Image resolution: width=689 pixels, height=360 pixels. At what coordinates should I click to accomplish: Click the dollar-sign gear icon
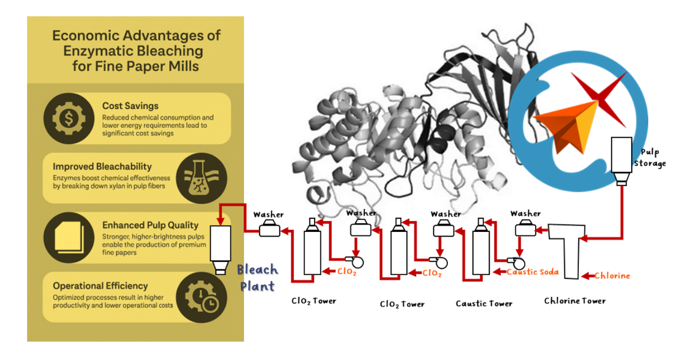point(68,118)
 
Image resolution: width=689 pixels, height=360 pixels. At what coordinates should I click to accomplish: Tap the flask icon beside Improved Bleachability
point(202,178)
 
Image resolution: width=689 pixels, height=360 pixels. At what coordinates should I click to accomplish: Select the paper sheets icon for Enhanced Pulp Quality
point(68,238)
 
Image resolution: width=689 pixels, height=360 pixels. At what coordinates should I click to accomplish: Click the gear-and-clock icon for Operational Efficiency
point(202,297)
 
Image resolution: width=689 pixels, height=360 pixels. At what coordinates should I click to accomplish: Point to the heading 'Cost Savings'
point(130,106)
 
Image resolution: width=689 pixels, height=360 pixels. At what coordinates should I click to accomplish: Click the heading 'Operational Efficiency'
point(100,286)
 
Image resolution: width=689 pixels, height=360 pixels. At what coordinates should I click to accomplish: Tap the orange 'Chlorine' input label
point(612,276)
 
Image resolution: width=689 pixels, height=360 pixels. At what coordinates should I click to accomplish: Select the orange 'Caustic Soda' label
point(532,272)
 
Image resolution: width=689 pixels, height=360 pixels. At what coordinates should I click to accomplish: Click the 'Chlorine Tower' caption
point(575,301)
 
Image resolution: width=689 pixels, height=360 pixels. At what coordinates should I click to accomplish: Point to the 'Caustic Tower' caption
point(484,303)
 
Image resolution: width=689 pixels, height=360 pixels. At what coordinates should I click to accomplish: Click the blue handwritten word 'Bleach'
point(257,269)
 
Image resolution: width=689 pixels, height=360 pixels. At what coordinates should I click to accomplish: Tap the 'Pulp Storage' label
point(650,158)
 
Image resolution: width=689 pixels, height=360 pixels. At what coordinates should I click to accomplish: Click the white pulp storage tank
point(621,161)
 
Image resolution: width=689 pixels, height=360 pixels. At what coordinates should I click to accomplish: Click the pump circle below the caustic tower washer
point(519,264)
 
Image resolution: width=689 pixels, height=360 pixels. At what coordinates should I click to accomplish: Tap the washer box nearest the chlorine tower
point(525,229)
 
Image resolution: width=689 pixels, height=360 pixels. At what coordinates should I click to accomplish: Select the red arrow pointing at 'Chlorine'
point(587,276)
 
